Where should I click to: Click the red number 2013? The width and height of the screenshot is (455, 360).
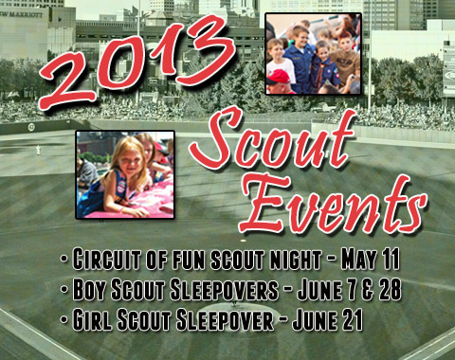[137, 62]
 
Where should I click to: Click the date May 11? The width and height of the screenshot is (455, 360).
[371, 260]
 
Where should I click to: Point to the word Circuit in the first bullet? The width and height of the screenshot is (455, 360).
[107, 260]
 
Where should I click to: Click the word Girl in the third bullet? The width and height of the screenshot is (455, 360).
[92, 319]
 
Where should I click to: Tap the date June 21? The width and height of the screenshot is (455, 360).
[328, 319]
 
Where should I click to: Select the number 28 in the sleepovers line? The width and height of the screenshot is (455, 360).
[390, 290]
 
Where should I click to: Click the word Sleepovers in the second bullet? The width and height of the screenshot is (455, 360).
[225, 290]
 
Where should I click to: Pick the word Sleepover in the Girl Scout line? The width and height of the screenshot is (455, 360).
[225, 319]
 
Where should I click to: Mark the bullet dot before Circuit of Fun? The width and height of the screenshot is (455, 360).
[64, 259]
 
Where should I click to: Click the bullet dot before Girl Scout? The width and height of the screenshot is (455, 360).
[64, 319]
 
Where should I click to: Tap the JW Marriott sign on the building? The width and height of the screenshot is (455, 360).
[22, 15]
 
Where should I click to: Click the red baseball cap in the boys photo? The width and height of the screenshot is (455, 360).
[279, 77]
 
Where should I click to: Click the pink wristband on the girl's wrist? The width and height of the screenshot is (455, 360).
[122, 209]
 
